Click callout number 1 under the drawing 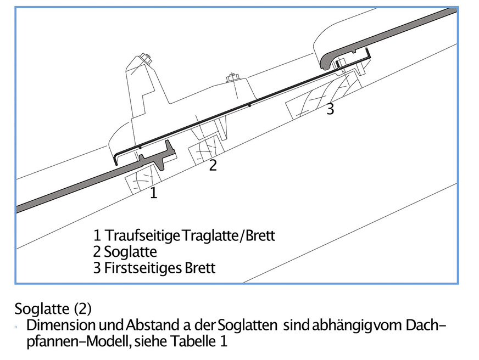coord(154,193)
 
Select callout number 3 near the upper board coord(330,110)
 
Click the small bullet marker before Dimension coord(17,327)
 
